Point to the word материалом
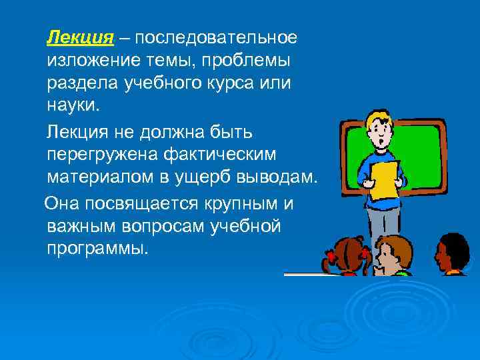pos(93,177)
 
